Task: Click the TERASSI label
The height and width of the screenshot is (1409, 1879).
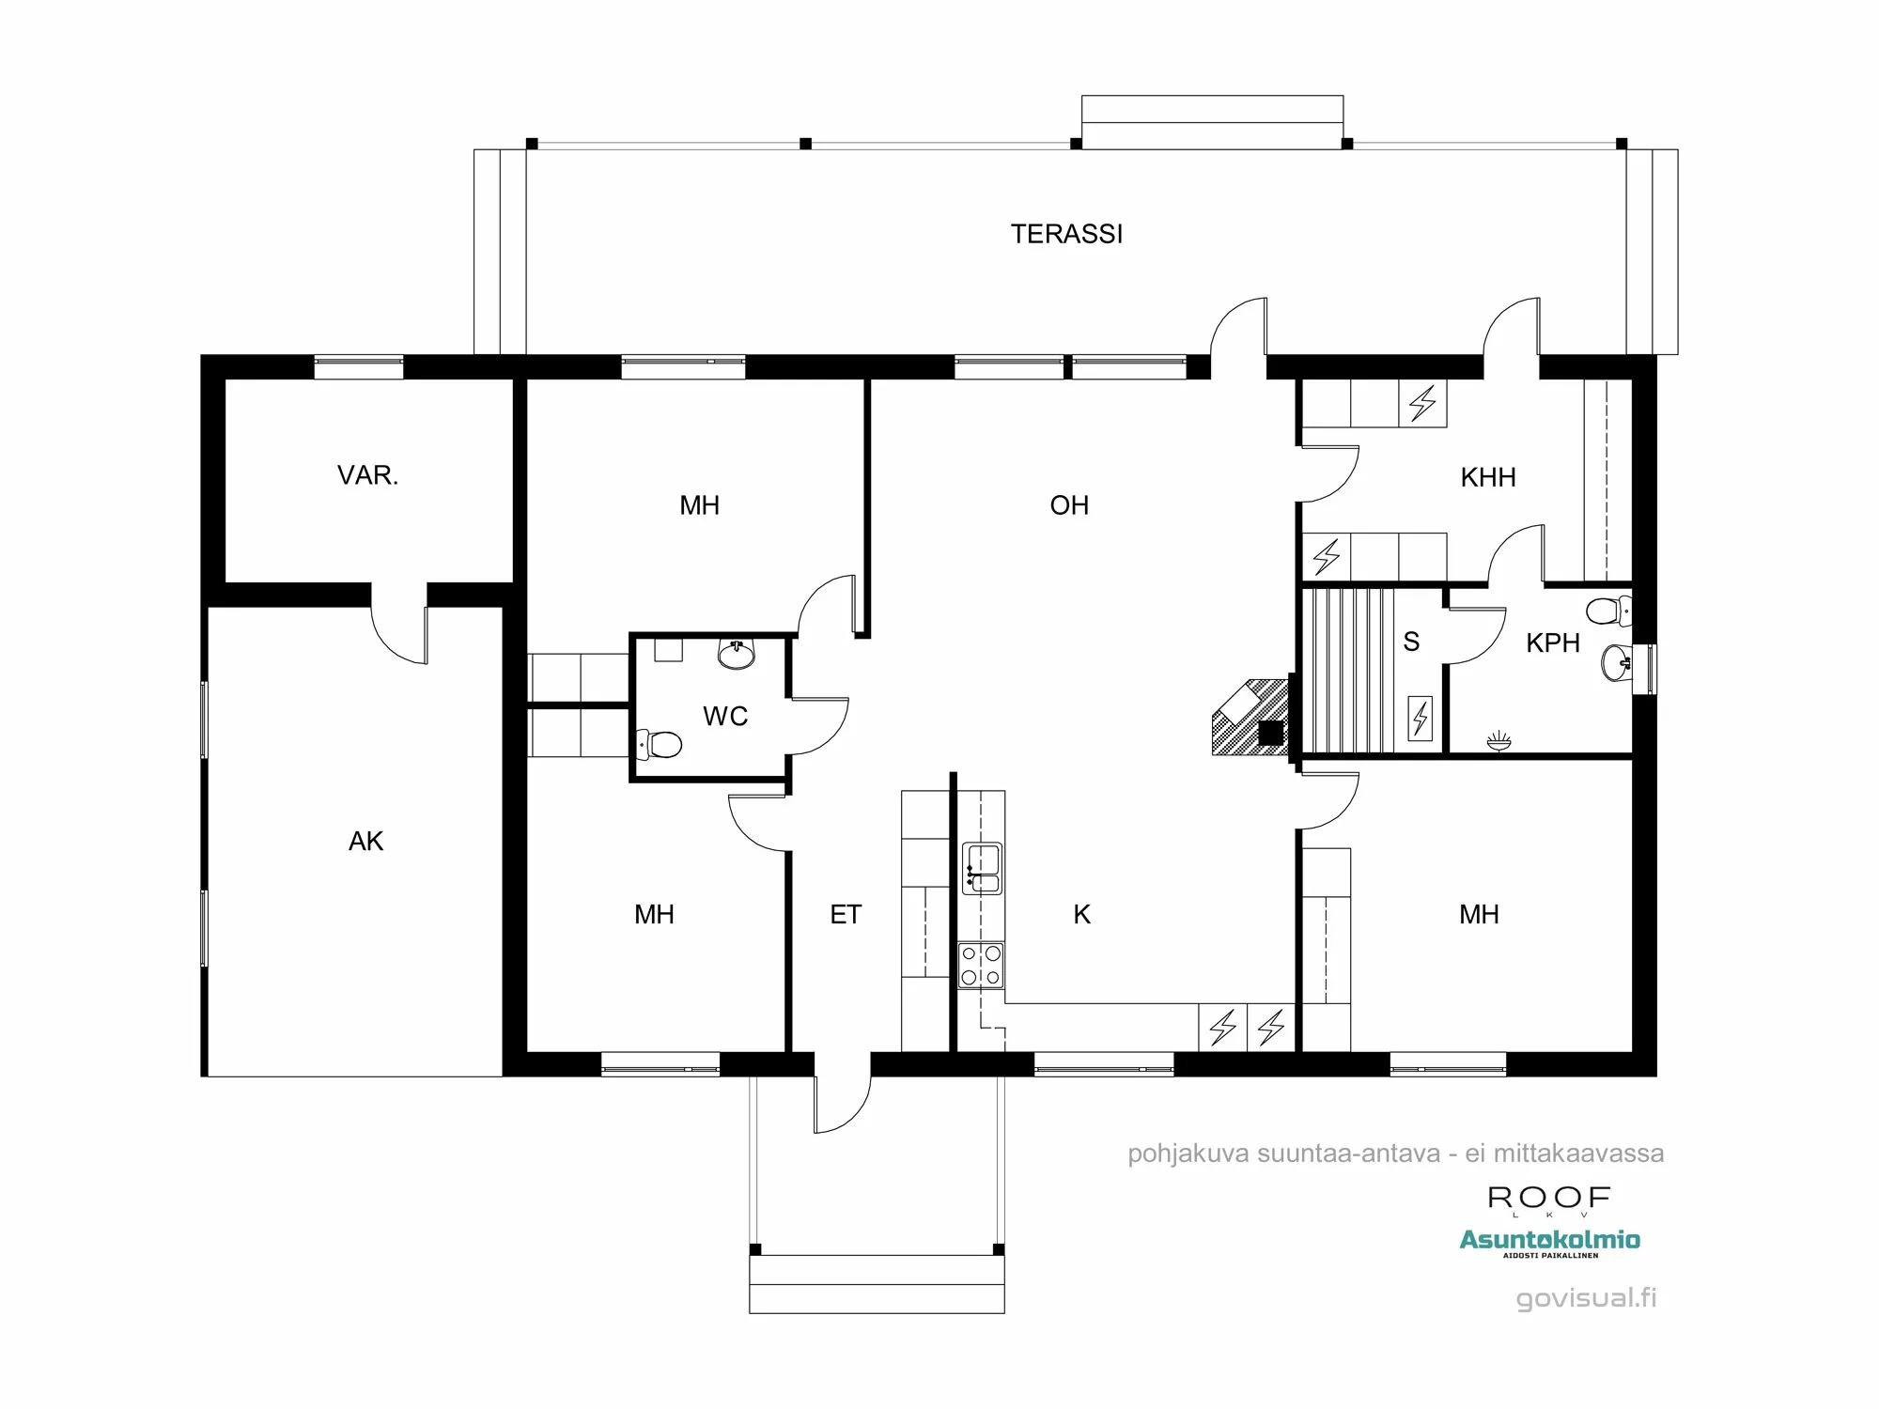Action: point(1066,234)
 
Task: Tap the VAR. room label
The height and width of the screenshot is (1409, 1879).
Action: point(367,475)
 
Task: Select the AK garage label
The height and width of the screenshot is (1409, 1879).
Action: point(365,841)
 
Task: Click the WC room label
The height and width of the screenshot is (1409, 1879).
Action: point(725,716)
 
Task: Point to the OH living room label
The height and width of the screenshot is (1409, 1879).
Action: point(1069,505)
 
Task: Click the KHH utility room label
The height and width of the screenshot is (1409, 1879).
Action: point(1488,477)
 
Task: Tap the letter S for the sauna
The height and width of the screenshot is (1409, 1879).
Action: point(1411,642)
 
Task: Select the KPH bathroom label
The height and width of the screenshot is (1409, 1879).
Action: point(1552,643)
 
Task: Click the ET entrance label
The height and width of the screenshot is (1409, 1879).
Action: point(846,914)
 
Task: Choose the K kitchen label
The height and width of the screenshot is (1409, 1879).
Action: point(1081,914)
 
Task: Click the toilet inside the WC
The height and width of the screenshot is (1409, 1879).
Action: point(660,745)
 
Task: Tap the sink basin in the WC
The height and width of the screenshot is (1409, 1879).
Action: point(737,654)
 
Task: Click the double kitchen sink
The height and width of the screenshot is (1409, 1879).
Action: point(982,868)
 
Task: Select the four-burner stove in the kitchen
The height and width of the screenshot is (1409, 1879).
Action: point(981,966)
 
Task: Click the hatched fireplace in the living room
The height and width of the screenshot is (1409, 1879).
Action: point(1250,719)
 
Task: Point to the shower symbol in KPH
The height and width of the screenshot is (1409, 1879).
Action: point(1499,742)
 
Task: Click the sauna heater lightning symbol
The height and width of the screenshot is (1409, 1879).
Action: point(1420,719)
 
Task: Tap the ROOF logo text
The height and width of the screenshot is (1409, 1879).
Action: point(1549,1198)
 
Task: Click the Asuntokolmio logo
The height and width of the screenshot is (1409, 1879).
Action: point(1549,1241)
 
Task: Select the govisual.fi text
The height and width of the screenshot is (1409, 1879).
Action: point(1586,1298)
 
